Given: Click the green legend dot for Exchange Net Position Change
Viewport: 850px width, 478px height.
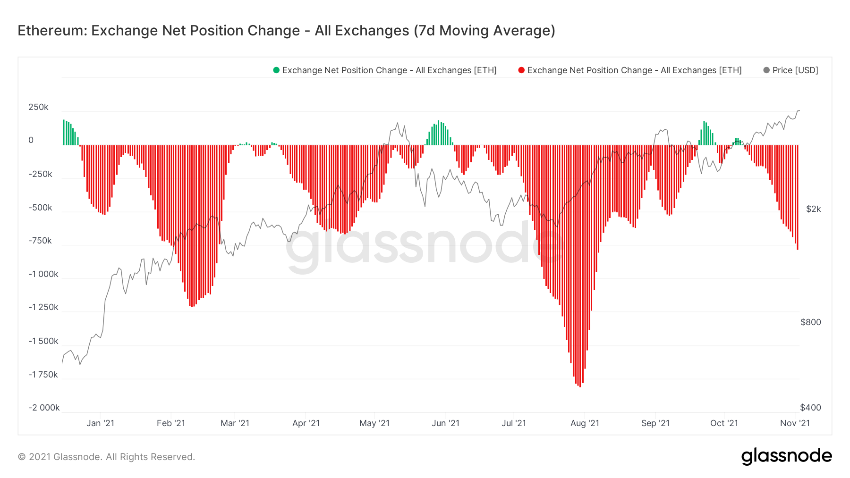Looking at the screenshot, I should (276, 70).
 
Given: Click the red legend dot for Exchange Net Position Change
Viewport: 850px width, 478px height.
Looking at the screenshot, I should (521, 70).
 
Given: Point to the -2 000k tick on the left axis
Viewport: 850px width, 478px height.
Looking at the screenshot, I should (44, 408).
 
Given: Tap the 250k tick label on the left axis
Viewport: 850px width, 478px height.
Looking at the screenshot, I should (38, 107).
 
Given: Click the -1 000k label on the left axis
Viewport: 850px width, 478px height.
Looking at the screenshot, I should (43, 274).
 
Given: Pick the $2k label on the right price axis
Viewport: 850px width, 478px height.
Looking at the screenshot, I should (813, 209).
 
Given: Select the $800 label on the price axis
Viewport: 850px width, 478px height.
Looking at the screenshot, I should (810, 322).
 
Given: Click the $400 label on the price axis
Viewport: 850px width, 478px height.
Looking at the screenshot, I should (810, 408).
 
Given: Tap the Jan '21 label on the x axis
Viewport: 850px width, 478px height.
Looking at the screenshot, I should (100, 423).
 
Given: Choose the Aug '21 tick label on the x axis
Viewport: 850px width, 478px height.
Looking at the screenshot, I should (585, 423).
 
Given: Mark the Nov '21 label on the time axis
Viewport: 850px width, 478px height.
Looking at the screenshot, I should (795, 423).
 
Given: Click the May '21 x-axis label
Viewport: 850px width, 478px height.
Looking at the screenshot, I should (374, 423).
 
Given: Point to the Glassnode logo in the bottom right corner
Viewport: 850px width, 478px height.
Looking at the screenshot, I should (786, 456).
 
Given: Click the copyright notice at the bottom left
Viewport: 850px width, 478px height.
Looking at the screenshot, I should (106, 457).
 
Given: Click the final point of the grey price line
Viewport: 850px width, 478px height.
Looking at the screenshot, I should (799, 110).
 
